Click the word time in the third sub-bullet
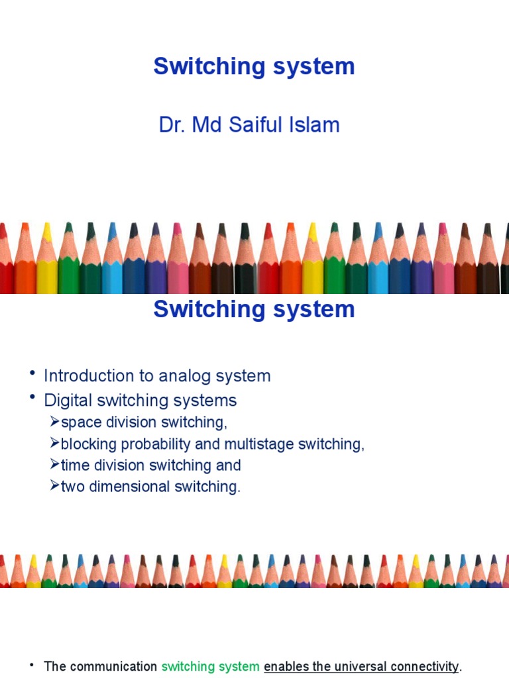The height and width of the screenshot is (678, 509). (74, 465)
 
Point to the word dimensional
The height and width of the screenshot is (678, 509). (129, 487)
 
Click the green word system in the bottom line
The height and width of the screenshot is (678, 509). (241, 667)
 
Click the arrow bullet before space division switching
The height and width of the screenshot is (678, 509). (54, 422)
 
